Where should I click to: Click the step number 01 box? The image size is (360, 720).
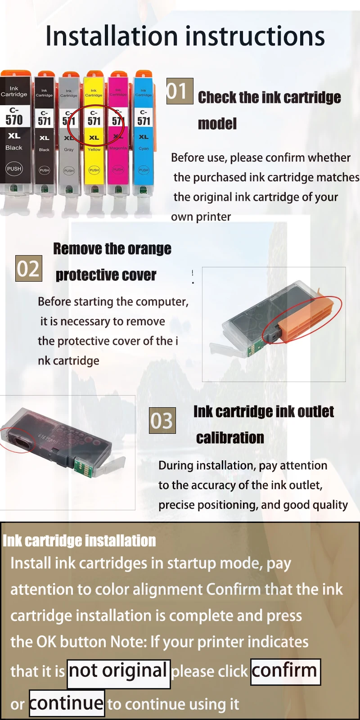coord(180,91)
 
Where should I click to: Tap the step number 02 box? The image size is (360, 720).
coord(29,268)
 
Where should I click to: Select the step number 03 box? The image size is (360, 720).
coord(162,420)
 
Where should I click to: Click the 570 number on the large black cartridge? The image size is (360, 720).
coord(14,120)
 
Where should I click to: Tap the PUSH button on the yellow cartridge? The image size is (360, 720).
coord(94,170)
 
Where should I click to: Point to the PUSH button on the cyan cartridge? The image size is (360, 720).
coord(144,170)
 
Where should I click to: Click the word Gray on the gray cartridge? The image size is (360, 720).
coord(69,150)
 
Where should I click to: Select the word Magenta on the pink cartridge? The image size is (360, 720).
coord(118,148)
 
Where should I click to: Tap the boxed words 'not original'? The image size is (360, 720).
coord(119,674)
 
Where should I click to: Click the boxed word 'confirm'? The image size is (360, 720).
coord(285,671)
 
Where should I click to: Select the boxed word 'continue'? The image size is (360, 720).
coord(67,703)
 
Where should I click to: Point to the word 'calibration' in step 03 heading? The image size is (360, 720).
coord(230,438)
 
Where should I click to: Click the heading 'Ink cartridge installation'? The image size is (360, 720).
coord(79,540)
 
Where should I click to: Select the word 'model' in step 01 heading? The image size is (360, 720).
coord(217,124)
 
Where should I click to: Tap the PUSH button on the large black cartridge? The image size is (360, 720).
coord(14,169)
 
